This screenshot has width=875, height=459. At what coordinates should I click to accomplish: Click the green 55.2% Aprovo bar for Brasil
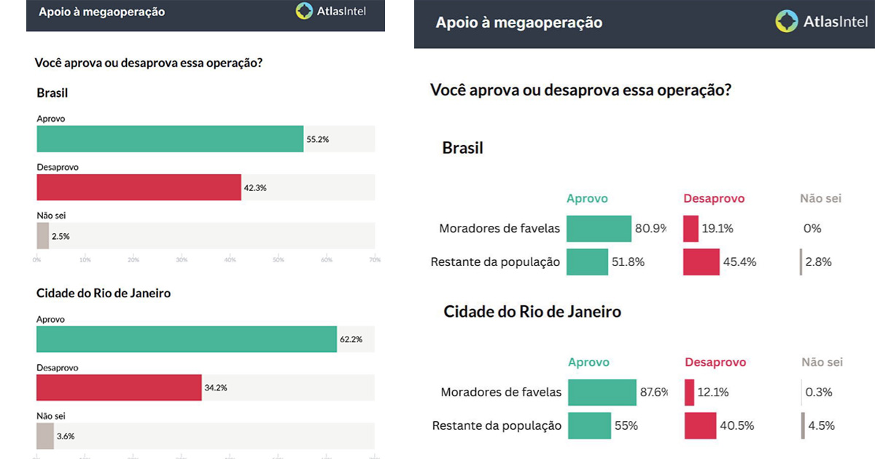pyautogui.click(x=170, y=138)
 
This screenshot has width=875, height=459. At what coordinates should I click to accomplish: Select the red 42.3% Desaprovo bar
pyautogui.click(x=139, y=187)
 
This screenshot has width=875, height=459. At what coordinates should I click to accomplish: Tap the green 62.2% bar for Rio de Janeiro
pyautogui.click(x=187, y=340)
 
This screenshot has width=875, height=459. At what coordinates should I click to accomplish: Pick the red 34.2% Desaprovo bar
pyautogui.click(x=119, y=388)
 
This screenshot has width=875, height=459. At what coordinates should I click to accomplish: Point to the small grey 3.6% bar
pyautogui.click(x=45, y=436)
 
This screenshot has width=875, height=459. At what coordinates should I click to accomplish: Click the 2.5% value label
pyautogui.click(x=61, y=236)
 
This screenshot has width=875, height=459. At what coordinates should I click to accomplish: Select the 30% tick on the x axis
pyautogui.click(x=182, y=259)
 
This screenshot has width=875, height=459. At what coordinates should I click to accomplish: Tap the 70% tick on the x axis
pyautogui.click(x=375, y=259)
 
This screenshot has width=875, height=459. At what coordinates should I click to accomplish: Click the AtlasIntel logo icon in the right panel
pyautogui.click(x=787, y=21)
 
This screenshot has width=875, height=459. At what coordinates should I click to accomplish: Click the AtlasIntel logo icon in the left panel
pyautogui.click(x=305, y=11)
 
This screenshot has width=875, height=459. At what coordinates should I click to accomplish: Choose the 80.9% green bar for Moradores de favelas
pyautogui.click(x=599, y=229)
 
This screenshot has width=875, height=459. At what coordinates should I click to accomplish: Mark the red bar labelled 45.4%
pyautogui.click(x=701, y=262)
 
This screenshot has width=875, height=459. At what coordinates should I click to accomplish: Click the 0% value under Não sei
pyautogui.click(x=812, y=229)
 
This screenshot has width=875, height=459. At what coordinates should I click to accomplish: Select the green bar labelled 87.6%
pyautogui.click(x=602, y=393)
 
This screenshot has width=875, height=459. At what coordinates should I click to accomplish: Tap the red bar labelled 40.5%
pyautogui.click(x=701, y=425)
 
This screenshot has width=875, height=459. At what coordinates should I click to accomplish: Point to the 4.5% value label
pyautogui.click(x=820, y=425)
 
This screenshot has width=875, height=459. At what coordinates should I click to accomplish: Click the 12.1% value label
pyautogui.click(x=713, y=393)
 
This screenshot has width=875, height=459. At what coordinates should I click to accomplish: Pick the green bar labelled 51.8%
pyautogui.click(x=587, y=262)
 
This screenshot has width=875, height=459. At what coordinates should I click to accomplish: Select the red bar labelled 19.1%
pyautogui.click(x=691, y=229)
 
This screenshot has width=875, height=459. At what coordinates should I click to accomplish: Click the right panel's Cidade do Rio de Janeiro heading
pyautogui.click(x=532, y=312)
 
